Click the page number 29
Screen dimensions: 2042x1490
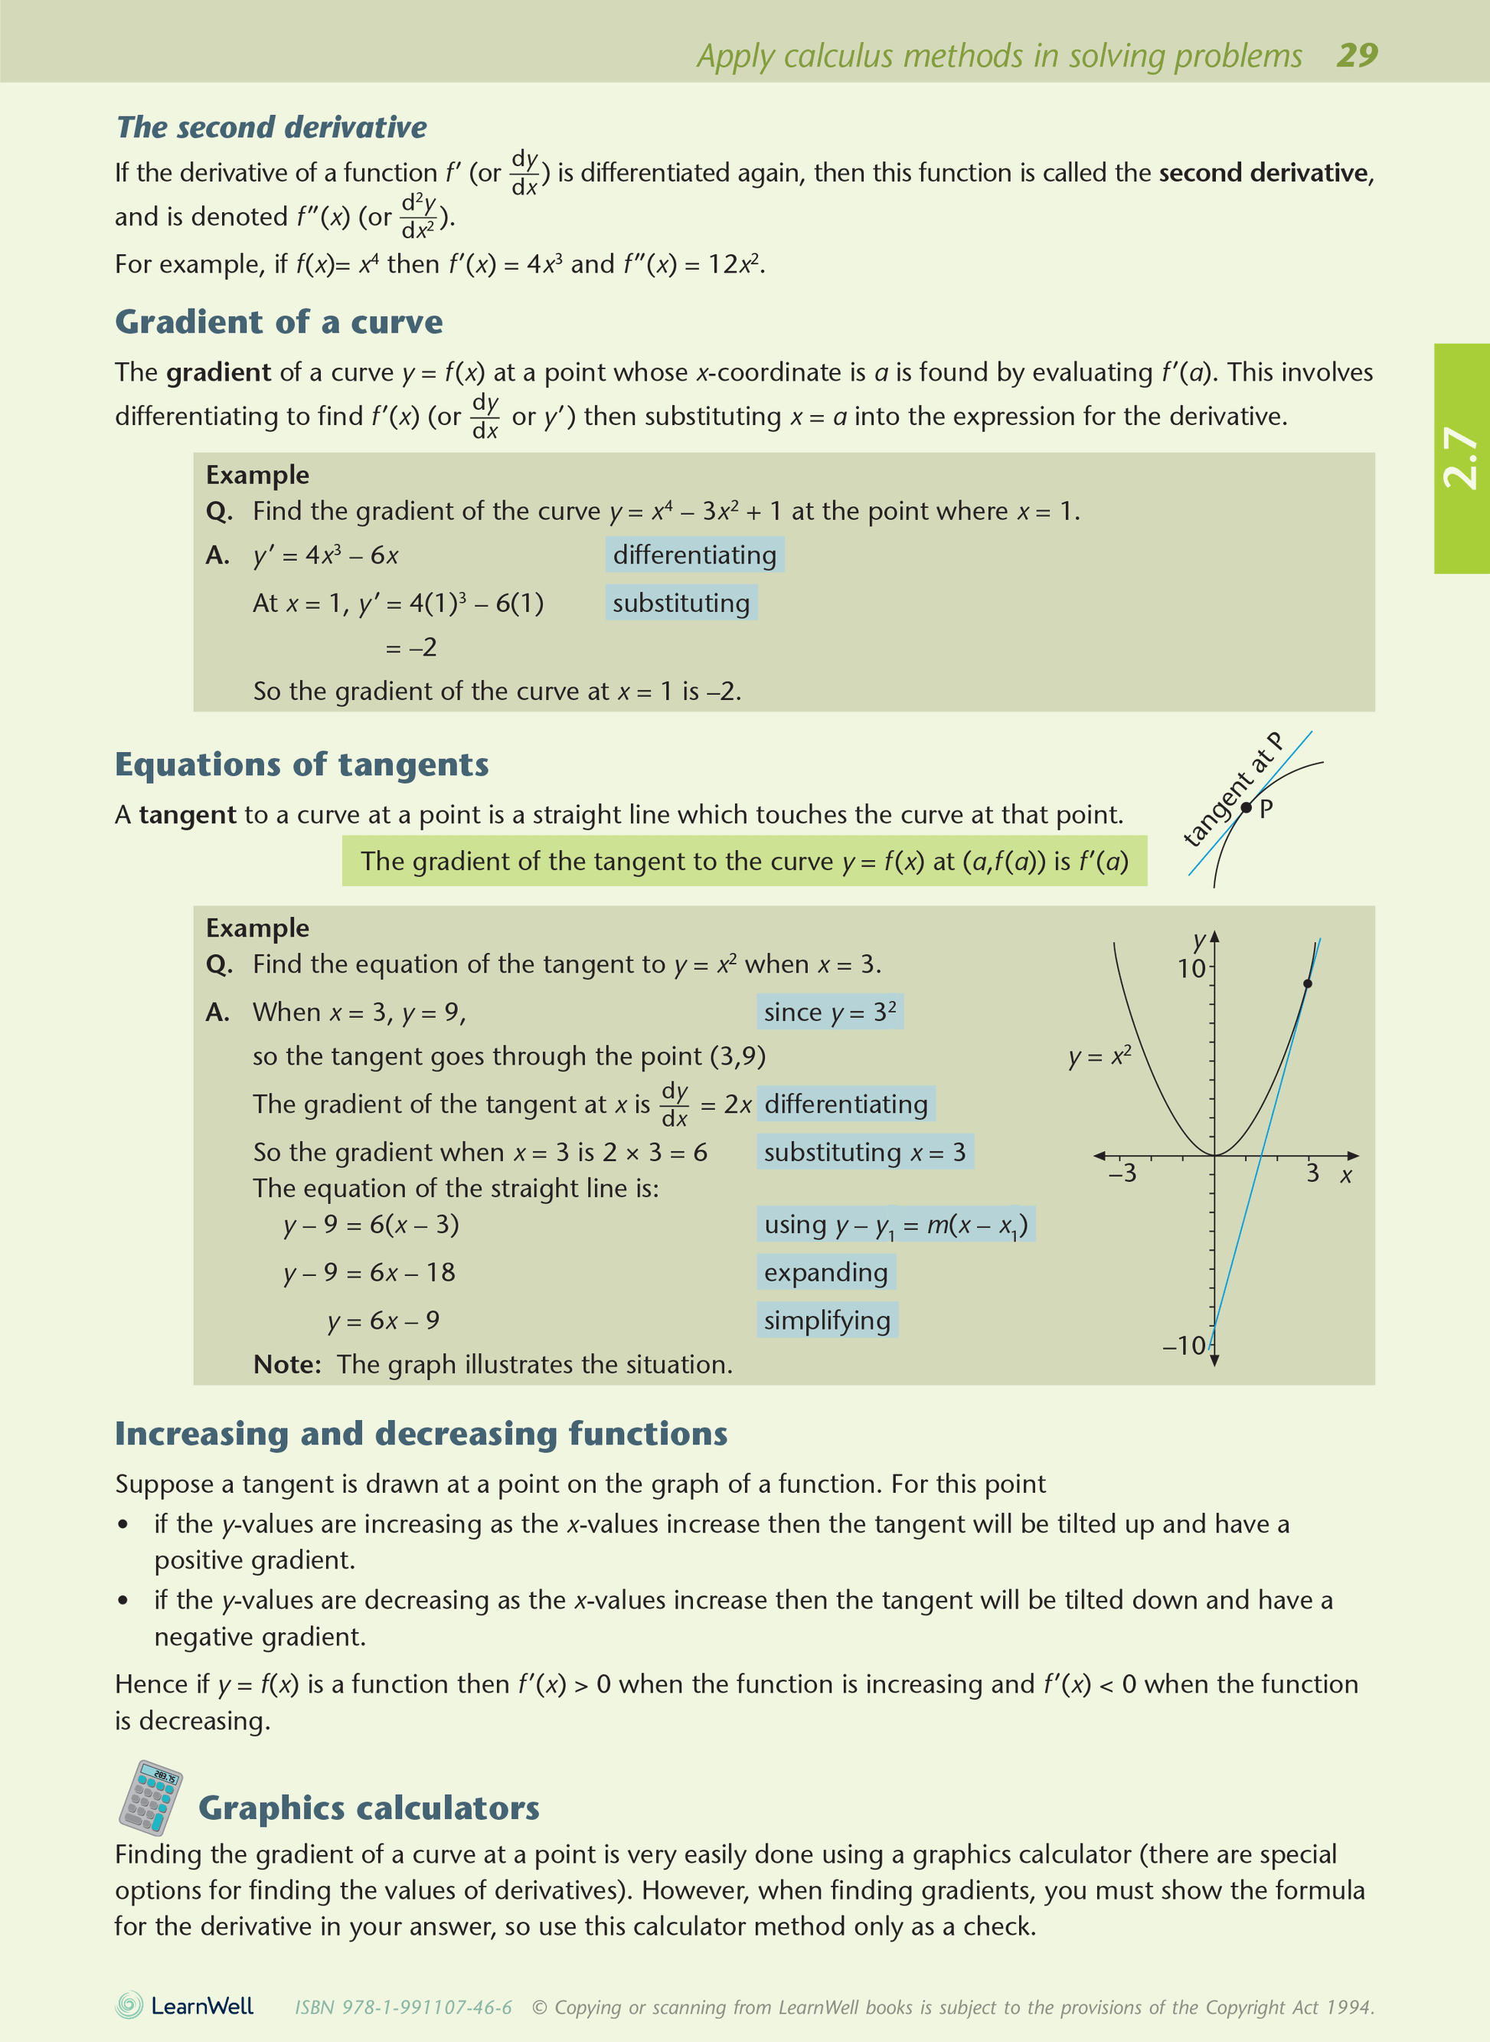tap(1357, 56)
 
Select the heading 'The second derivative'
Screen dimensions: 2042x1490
tap(272, 128)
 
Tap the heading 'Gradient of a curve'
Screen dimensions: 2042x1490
tap(279, 322)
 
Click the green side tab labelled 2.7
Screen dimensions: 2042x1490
tap(1460, 458)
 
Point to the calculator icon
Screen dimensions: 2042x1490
tap(150, 1798)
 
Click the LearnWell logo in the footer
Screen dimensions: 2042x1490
tap(185, 2006)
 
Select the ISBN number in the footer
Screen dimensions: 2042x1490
tap(404, 2008)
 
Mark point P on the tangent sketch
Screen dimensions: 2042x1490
tap(1247, 807)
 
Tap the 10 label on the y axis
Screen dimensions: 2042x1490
tap(1191, 969)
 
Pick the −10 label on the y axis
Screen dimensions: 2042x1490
tap(1183, 1347)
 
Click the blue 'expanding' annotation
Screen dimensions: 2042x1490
tap(825, 1272)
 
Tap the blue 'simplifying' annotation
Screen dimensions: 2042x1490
tap(827, 1321)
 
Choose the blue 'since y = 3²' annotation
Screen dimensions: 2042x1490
tap(830, 1013)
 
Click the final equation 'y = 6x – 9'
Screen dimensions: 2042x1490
tap(384, 1321)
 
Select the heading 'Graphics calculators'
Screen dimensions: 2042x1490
tap(369, 1808)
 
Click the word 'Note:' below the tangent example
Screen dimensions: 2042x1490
tap(287, 1364)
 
